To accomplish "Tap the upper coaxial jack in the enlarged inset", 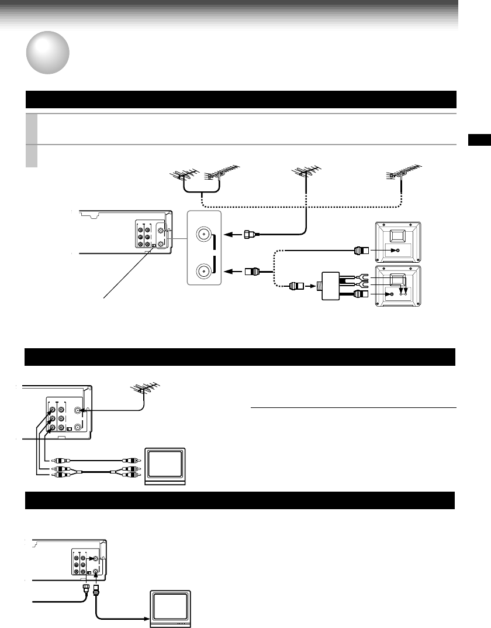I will point(203,235).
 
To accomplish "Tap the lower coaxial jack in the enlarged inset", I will point(203,272).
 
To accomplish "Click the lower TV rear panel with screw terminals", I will point(397,287).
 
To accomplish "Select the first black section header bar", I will point(240,99).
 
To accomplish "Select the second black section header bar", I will point(240,356).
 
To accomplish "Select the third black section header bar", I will point(240,501).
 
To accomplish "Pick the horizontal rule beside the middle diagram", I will point(352,407).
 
